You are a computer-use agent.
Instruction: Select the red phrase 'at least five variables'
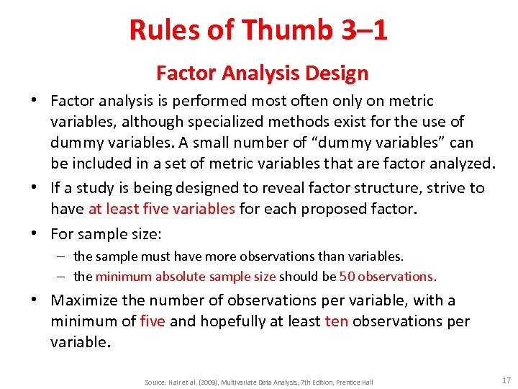coord(162,209)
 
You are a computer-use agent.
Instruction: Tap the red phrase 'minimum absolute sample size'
coord(186,277)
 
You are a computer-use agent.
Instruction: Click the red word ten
coord(336,321)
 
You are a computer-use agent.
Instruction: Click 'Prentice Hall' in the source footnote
coord(354,382)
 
